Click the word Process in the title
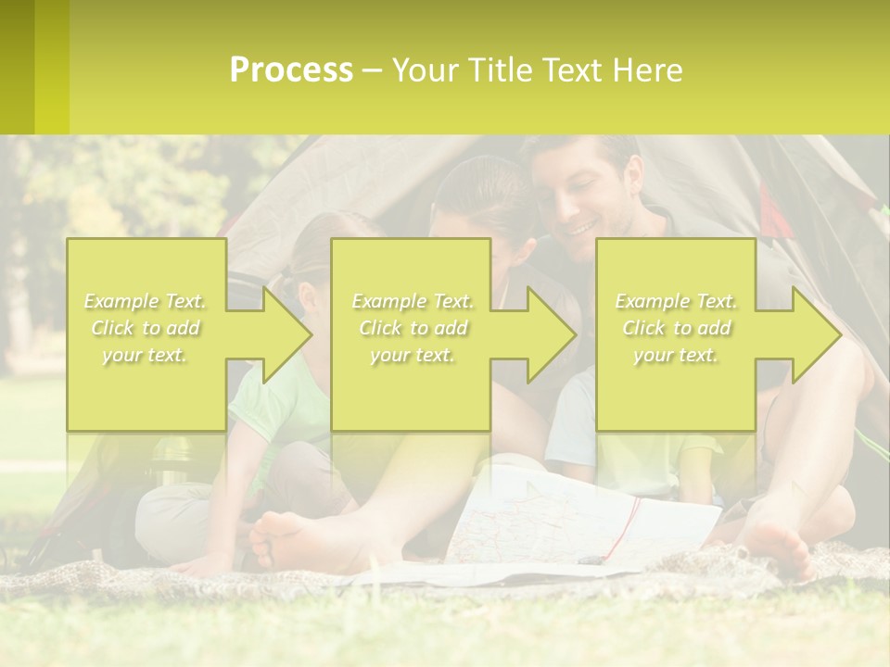(291, 70)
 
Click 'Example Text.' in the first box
(145, 301)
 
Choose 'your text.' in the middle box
(412, 355)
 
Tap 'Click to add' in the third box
(677, 328)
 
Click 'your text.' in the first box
(145, 355)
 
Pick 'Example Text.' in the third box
(677, 301)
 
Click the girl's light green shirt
(278, 398)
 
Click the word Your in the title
(427, 70)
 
